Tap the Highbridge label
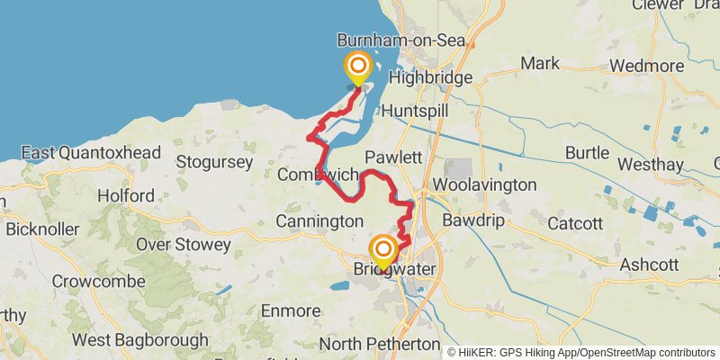coord(430,78)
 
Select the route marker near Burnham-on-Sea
coord(358,67)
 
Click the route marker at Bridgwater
coord(383,249)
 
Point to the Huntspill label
coord(415,110)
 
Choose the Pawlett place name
coord(393,157)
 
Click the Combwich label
coord(319,174)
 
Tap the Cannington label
coord(319,220)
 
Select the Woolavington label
coord(485,184)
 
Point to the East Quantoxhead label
coord(91,152)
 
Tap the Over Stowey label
coord(185,243)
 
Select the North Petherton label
coord(379,344)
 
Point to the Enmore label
coord(290,310)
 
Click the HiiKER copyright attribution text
coord(580,352)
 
